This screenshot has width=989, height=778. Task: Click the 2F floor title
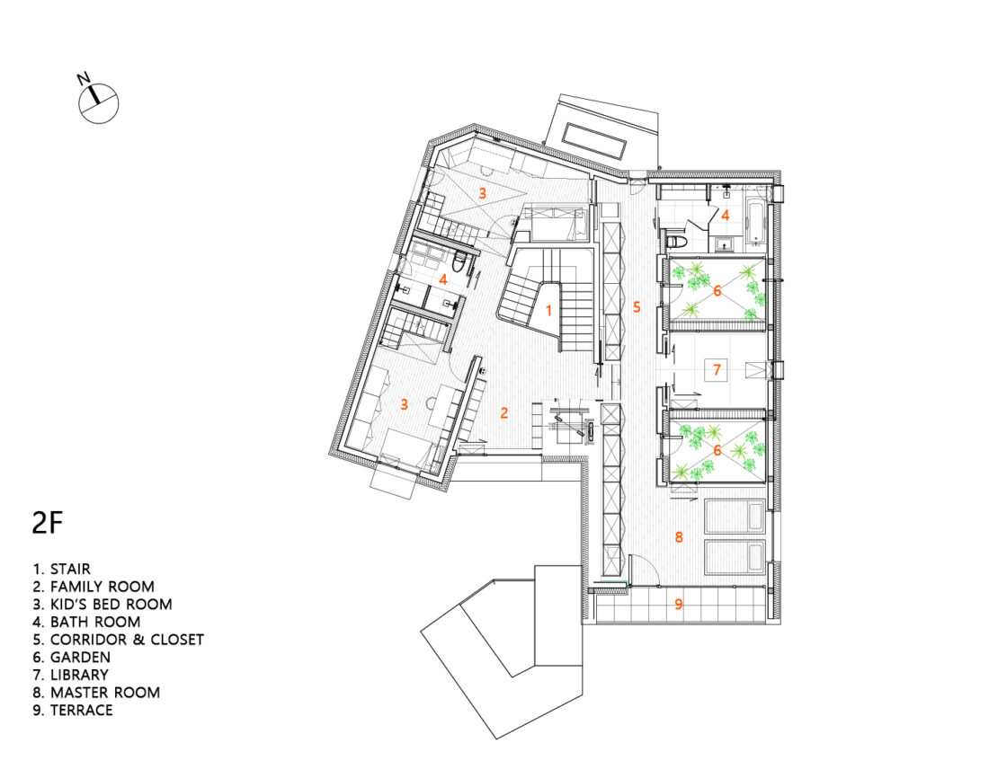(x=49, y=523)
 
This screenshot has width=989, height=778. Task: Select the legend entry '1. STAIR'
(x=62, y=570)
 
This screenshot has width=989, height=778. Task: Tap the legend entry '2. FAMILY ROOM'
(x=94, y=587)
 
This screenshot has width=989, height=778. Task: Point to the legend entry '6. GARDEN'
(x=71, y=658)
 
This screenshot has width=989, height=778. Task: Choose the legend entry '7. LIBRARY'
(x=71, y=676)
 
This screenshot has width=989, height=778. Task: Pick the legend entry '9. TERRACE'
(x=73, y=711)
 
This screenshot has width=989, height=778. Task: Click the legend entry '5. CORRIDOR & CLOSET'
(x=119, y=640)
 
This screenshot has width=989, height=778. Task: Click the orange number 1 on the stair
(x=548, y=310)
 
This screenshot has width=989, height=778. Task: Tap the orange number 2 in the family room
(x=504, y=413)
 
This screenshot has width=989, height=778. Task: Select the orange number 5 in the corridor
(x=637, y=307)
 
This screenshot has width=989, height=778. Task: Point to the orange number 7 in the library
(x=717, y=369)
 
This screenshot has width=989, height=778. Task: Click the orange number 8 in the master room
(x=679, y=537)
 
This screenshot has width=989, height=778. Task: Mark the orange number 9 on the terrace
(x=679, y=604)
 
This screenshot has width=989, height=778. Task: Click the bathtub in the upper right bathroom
(x=755, y=223)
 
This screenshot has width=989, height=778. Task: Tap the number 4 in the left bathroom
(x=444, y=278)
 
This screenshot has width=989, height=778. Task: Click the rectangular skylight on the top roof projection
(x=595, y=140)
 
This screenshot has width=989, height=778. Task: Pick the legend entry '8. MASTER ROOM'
(x=96, y=693)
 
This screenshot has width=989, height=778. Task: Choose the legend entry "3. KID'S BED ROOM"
(x=102, y=605)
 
